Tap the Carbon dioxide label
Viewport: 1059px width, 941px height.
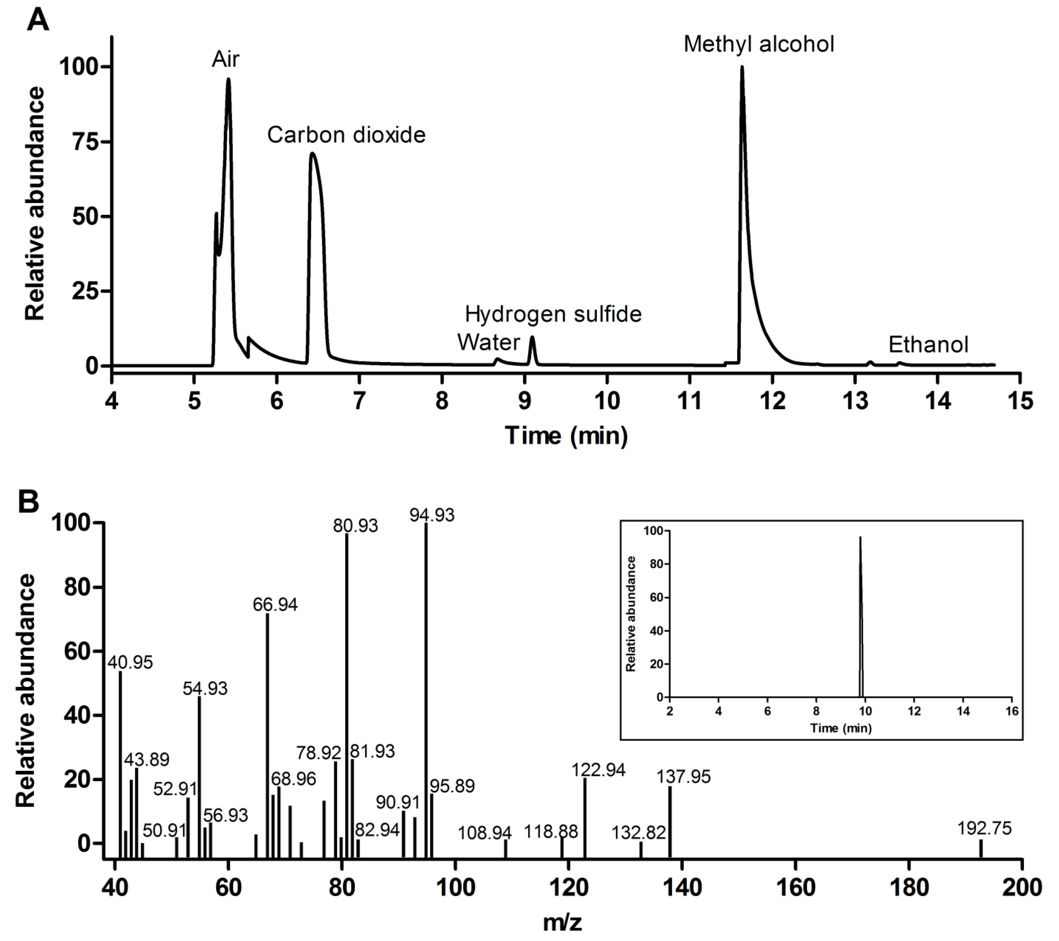[x=346, y=135]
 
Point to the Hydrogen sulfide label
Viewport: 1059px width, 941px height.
[x=553, y=314]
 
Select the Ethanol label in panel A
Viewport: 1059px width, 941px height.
[x=928, y=344]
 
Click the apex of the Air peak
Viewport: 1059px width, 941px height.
[x=228, y=79]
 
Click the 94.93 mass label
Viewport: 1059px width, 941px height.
[x=432, y=515]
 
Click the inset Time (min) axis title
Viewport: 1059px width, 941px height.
[x=840, y=728]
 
